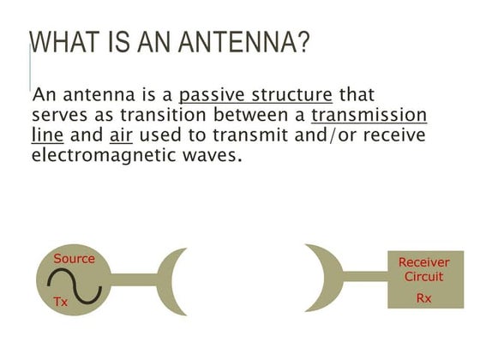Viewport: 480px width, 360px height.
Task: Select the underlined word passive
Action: (x=207, y=95)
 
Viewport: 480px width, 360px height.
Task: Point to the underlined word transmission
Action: (x=369, y=116)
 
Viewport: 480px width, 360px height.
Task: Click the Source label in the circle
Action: (x=74, y=258)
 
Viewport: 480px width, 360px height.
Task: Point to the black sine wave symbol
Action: (x=75, y=281)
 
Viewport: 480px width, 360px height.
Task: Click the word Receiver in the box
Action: (x=423, y=263)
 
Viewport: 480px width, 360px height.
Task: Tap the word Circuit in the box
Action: (x=423, y=276)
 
